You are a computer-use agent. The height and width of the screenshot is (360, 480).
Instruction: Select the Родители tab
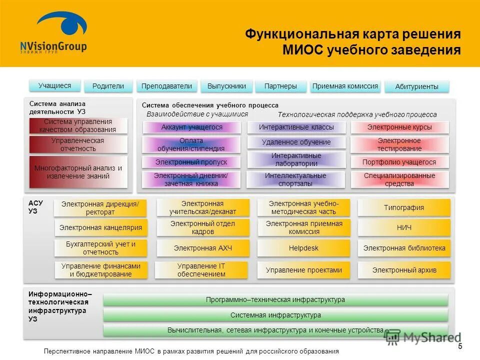108,86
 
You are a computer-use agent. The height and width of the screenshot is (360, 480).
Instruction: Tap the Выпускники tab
226,86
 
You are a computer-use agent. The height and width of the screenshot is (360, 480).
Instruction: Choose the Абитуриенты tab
416,86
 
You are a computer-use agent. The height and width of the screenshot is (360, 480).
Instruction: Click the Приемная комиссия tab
345,86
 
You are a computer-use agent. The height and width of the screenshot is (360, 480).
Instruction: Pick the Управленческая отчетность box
77,144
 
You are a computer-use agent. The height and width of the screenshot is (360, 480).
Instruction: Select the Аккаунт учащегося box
192,127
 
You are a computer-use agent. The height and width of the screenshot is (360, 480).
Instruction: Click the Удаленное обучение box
296,142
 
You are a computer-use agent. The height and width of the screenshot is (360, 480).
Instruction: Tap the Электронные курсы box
399,127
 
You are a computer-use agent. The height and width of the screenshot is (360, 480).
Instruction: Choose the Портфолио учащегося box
399,162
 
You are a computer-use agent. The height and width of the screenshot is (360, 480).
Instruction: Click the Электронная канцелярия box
101,228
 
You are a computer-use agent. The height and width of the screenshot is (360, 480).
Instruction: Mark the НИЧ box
404,228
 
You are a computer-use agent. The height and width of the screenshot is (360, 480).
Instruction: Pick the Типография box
404,207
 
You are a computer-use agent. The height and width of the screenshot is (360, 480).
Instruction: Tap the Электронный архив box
404,270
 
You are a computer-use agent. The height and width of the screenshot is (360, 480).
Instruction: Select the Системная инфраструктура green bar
275,315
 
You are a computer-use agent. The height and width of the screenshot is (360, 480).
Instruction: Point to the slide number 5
460,347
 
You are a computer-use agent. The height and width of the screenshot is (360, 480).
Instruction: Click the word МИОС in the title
303,50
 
